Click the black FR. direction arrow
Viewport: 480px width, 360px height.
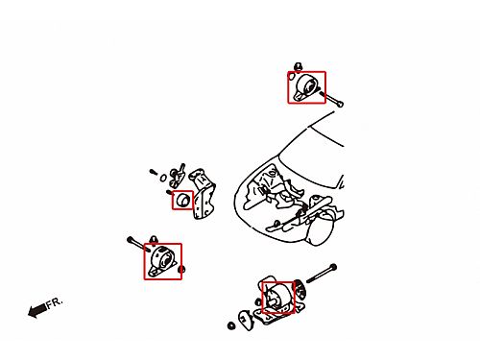point(37,310)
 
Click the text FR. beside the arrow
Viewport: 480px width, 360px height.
point(55,303)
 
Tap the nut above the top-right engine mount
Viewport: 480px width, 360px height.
point(299,67)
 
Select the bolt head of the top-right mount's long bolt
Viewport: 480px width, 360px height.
point(340,104)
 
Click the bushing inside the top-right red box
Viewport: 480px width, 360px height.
point(308,86)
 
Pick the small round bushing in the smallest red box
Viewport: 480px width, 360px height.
point(182,200)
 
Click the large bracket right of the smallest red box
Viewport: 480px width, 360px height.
point(203,194)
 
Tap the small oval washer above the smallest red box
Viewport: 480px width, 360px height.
point(163,178)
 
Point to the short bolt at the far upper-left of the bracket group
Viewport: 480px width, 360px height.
point(154,172)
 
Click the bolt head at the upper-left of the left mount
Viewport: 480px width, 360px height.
point(131,239)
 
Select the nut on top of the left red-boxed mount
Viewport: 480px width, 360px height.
point(154,240)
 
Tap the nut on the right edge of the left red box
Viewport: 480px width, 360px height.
point(181,270)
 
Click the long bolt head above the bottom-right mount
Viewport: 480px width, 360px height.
point(333,267)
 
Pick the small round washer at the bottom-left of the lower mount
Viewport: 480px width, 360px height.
point(231,326)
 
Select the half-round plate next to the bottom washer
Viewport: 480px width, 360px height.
point(245,320)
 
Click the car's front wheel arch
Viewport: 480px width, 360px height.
point(320,228)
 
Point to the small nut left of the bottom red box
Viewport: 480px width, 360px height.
point(258,301)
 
